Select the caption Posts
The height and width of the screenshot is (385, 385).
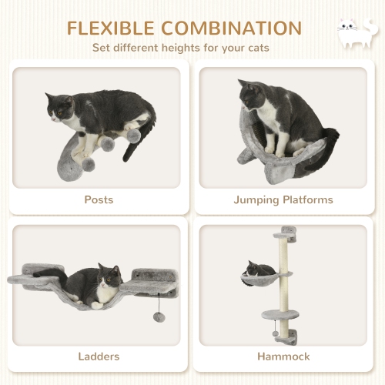[98, 199]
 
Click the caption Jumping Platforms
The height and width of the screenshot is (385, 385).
[283, 199]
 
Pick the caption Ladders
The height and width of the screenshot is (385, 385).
[98, 357]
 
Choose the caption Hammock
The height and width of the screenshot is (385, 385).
[283, 357]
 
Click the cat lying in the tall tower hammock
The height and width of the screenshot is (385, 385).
[260, 269]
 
